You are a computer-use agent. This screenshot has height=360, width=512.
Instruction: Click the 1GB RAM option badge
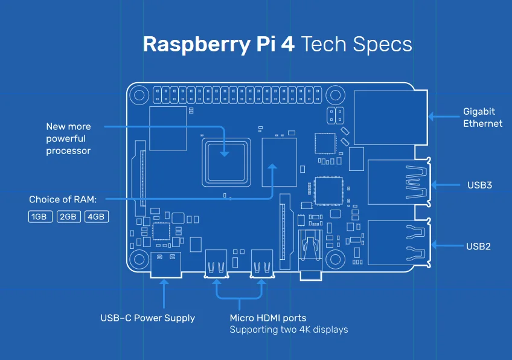[x=40, y=216]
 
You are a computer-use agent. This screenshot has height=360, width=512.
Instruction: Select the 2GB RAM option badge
[x=68, y=216]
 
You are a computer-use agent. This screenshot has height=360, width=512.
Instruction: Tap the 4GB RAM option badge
[x=97, y=216]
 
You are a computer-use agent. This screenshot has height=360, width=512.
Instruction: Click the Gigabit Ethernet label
[x=482, y=117]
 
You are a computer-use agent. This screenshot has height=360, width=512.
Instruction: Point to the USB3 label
[x=479, y=185]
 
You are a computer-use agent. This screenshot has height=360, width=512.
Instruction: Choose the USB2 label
[x=479, y=246]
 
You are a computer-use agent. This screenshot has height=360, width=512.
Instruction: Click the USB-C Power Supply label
[x=147, y=318]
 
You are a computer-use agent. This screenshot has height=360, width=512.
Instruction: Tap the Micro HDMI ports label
[x=267, y=318]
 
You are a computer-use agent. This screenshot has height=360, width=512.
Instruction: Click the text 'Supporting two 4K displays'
[x=289, y=330]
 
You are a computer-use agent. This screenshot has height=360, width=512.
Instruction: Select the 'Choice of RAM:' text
[x=63, y=199]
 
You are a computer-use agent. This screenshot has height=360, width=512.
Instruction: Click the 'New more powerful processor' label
[x=68, y=138]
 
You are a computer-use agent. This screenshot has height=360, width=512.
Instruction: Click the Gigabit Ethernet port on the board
[x=390, y=117]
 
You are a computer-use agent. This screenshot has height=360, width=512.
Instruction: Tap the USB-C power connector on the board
[x=165, y=265]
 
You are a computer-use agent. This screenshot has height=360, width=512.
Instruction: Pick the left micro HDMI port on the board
[x=216, y=265]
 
